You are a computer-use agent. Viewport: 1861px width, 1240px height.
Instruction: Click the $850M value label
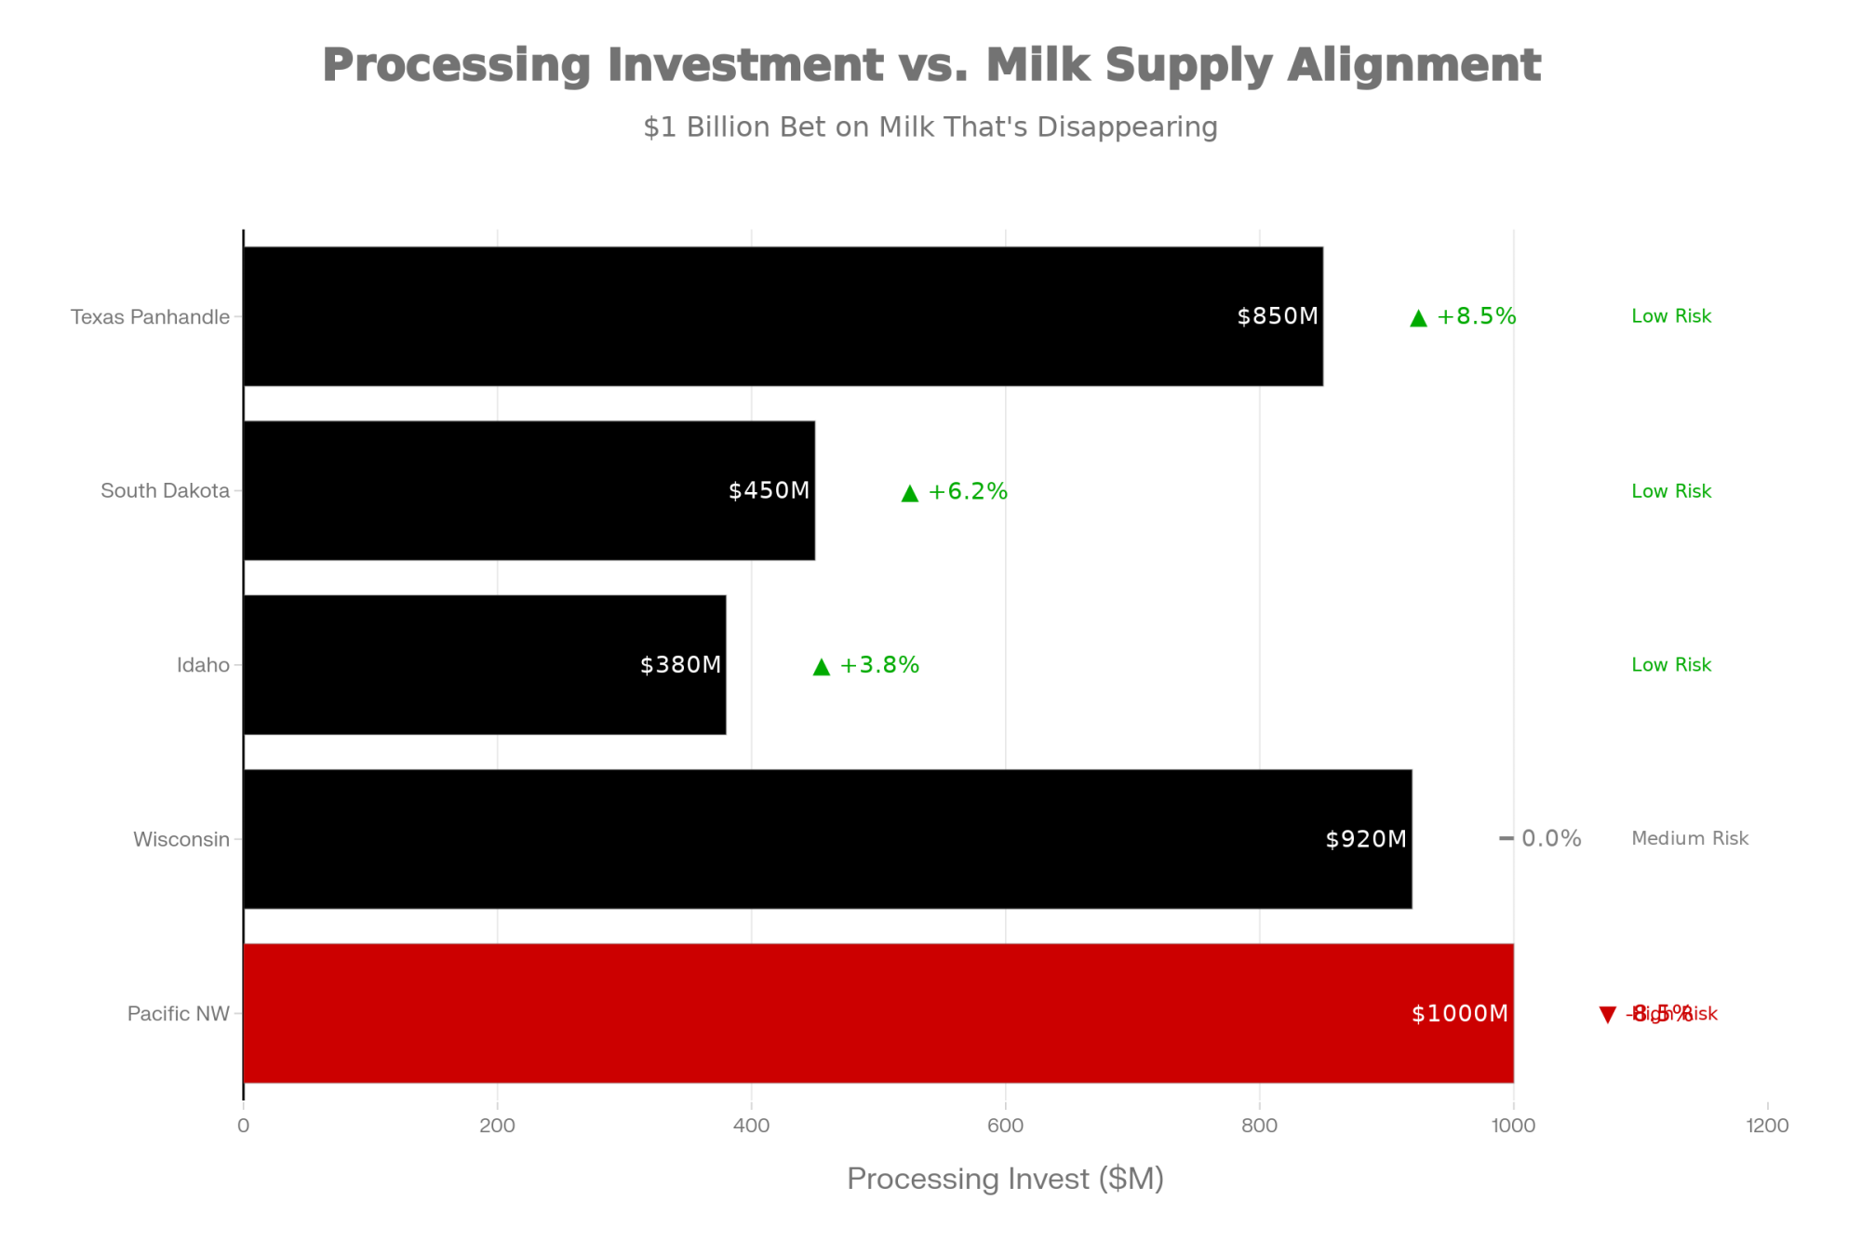[1278, 316]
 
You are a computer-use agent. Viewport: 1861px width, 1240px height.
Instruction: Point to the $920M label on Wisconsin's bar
[1366, 839]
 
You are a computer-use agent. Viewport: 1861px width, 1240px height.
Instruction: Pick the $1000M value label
[1459, 1013]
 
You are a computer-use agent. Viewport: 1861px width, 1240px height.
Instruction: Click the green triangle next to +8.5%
[1418, 318]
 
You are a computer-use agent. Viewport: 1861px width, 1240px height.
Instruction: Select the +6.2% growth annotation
[968, 491]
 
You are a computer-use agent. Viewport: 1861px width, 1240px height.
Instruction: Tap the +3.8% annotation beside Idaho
[879, 665]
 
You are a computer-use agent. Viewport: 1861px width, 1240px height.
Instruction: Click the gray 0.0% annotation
[1551, 838]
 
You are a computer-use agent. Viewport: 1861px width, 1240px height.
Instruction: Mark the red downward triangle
[1607, 1015]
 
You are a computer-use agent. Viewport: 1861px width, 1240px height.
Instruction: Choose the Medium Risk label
[1690, 838]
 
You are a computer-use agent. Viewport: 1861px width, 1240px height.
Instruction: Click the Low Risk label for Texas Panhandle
[1671, 316]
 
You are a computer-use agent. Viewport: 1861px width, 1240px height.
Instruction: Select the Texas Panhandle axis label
[150, 317]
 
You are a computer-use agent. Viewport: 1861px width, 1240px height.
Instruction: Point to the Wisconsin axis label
[181, 839]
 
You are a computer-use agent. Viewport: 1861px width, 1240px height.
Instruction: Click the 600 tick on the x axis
[1005, 1126]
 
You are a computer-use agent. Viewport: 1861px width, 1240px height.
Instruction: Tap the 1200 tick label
[1767, 1126]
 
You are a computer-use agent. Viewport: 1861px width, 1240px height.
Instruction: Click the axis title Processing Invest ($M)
[1005, 1179]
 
